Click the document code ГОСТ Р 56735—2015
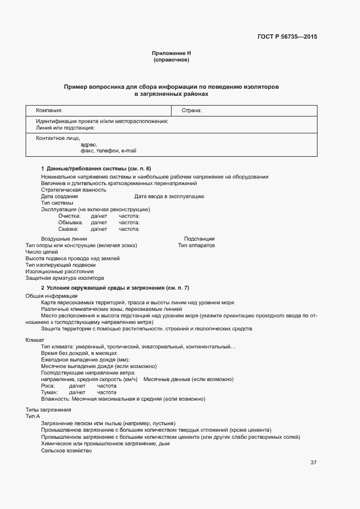coord(286,37)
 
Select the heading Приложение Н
coord(171,53)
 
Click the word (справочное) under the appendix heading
coord(171,60)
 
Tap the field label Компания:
coord(50,111)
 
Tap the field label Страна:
coord(191,111)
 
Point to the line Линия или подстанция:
coord(66,128)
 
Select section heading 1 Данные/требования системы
coord(96,168)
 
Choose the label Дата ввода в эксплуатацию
coord(169,196)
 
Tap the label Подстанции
coord(199,238)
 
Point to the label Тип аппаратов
coord(196,245)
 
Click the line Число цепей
coord(41,252)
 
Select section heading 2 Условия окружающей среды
coord(115,287)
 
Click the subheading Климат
coord(35,340)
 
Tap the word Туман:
coord(49,392)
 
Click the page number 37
coord(313,463)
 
